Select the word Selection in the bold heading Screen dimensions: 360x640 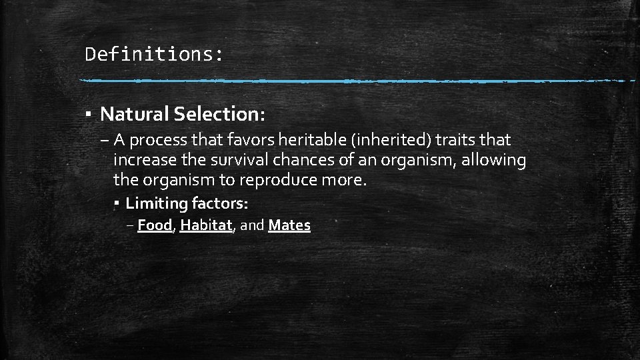point(219,114)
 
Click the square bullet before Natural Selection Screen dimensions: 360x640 point(89,114)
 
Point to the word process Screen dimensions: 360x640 point(158,141)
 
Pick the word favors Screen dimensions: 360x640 point(246,140)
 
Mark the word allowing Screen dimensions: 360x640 point(497,161)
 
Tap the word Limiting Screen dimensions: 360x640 point(156,203)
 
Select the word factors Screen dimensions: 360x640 point(219,202)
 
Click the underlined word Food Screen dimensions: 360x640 point(155,225)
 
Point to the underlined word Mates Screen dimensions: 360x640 point(289,225)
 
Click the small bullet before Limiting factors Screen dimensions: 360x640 point(116,202)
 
